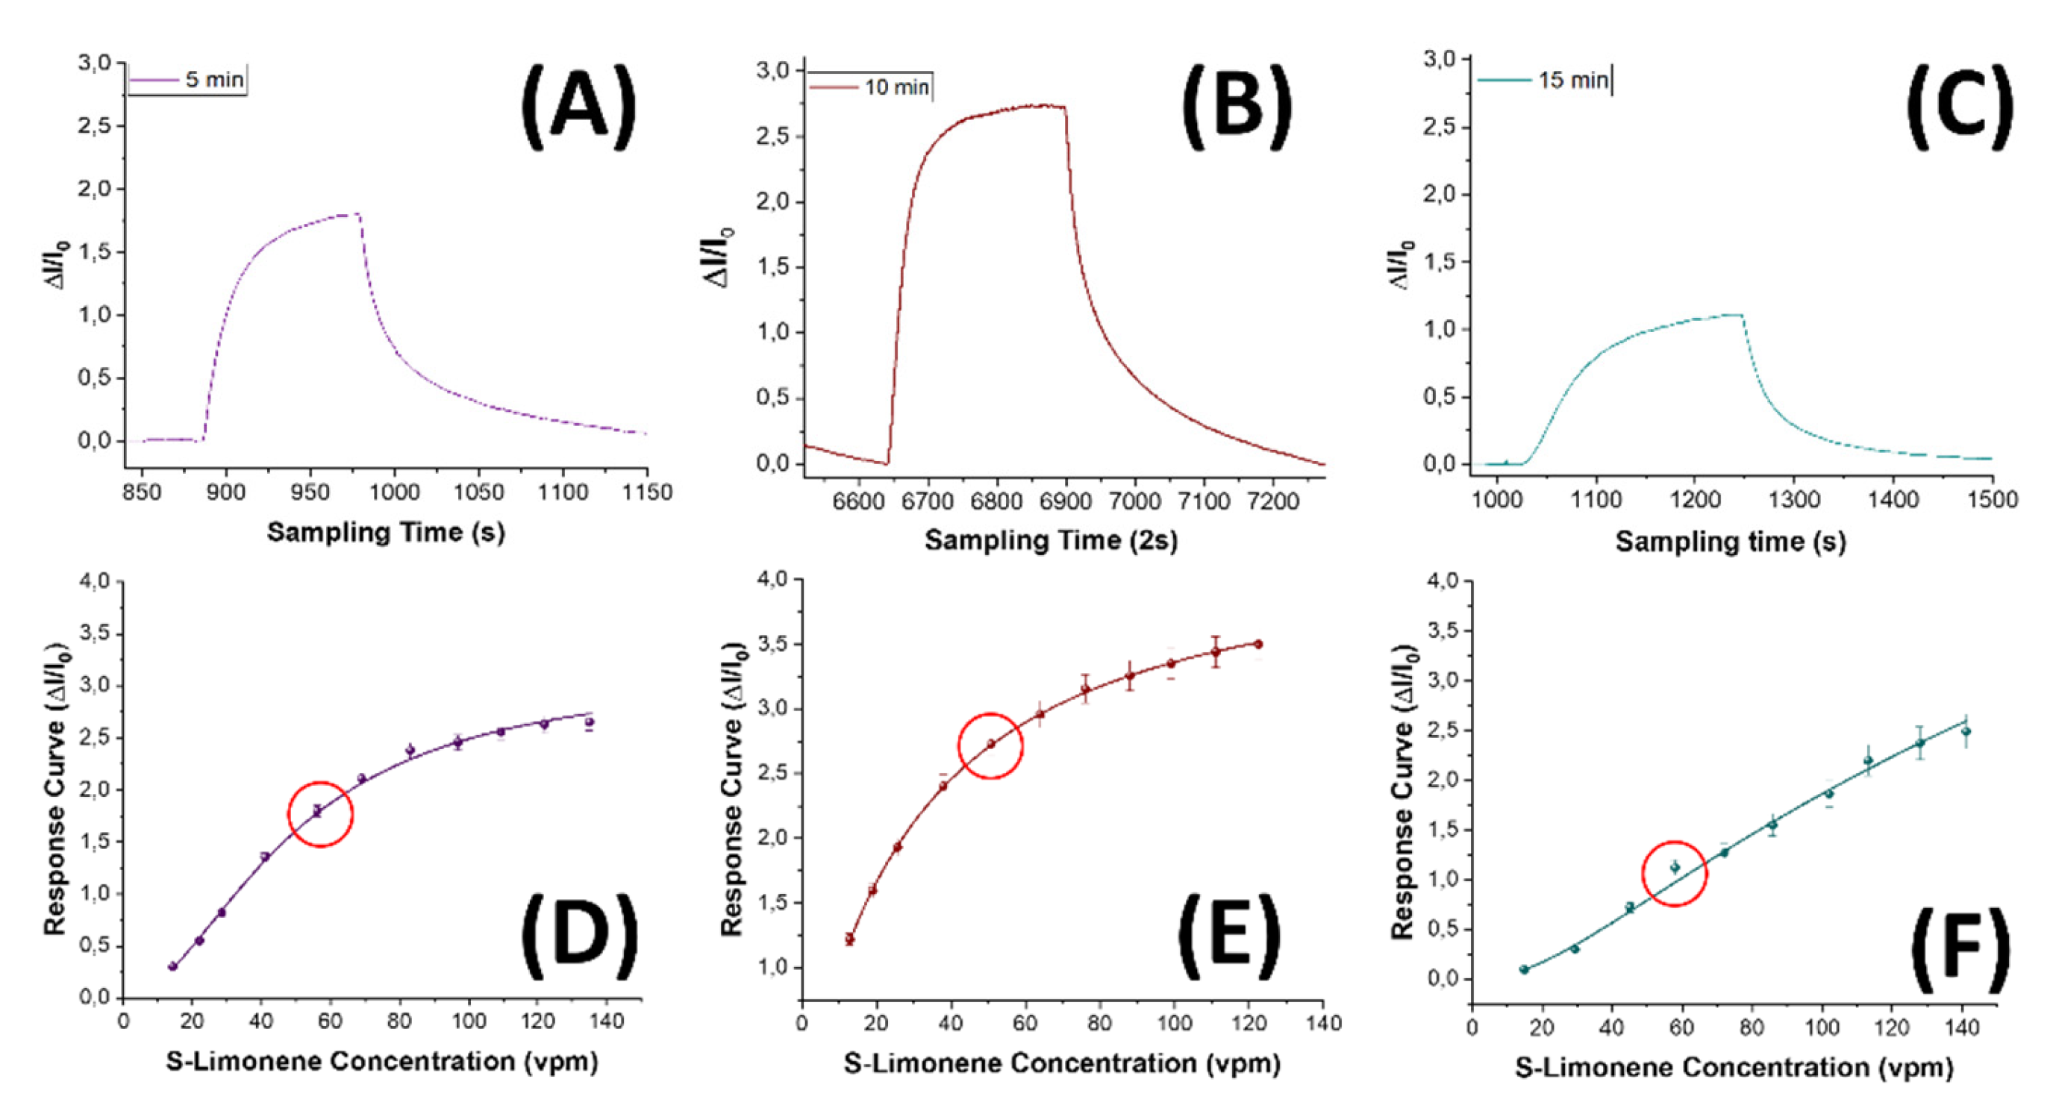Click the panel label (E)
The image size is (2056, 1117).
pyautogui.click(x=1229, y=935)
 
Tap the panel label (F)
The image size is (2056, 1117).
pyautogui.click(x=1960, y=948)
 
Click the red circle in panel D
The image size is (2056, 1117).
pyautogui.click(x=320, y=814)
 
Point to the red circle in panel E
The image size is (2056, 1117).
pyautogui.click(x=990, y=745)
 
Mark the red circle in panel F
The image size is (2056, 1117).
pyautogui.click(x=1675, y=874)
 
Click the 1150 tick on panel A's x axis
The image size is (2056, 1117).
pyautogui.click(x=646, y=492)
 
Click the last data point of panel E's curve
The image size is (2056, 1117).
pyautogui.click(x=1258, y=644)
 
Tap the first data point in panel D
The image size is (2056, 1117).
pyautogui.click(x=172, y=966)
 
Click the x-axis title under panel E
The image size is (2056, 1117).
pyautogui.click(x=1061, y=1063)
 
